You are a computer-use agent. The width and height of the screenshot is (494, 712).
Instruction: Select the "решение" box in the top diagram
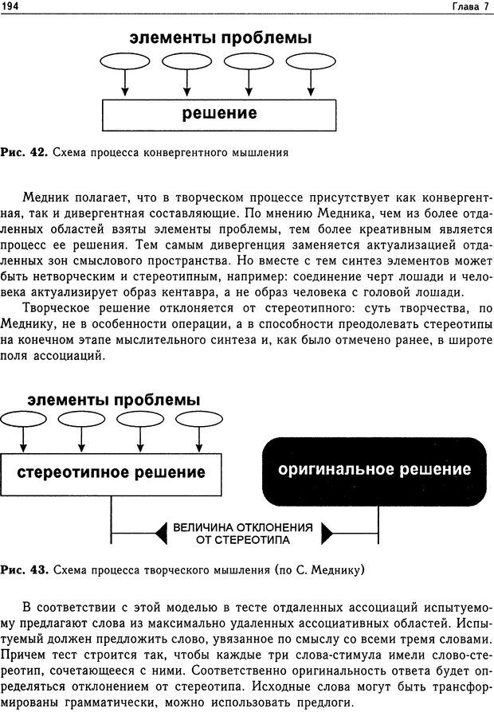220,112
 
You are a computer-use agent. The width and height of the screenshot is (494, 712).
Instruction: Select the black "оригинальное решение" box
374,471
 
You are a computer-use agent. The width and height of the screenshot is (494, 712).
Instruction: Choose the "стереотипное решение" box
112,472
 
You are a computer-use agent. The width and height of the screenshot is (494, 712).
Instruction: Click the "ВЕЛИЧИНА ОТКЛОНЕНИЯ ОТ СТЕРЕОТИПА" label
243,534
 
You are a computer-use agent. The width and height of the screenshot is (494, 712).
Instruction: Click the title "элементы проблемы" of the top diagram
220,38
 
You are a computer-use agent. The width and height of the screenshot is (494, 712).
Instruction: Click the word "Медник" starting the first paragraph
46,198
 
